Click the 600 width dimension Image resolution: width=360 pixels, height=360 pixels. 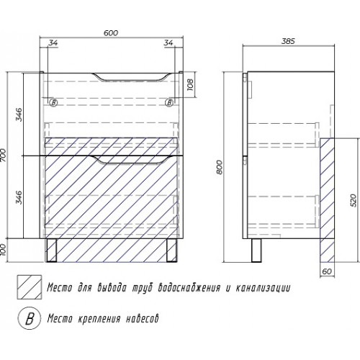pos(111,33)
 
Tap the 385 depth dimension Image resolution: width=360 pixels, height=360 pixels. pos(288,41)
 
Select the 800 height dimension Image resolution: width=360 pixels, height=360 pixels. pos(220,167)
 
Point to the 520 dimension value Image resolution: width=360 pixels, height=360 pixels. pos(354,200)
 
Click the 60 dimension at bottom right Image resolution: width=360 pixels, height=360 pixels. pos(327,271)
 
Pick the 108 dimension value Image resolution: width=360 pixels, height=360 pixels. pos(190,85)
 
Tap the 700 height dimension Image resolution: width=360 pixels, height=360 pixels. pos(4,156)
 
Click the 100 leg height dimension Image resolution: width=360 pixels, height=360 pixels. pos(3,250)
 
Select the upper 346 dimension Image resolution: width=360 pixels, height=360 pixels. pos(19,114)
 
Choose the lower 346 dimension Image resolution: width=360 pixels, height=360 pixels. pos(19,197)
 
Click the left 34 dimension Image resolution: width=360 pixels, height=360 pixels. pos(53,42)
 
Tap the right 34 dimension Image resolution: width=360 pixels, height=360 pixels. pos(168,42)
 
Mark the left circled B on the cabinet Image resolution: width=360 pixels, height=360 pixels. pos(53,103)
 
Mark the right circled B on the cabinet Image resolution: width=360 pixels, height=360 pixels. pos(169,103)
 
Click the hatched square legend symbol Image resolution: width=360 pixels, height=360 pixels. pos(30,287)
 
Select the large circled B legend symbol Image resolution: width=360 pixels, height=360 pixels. pos(30,318)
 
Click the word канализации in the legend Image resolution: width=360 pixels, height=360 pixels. pos(263,287)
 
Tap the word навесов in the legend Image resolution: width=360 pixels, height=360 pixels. pos(143,319)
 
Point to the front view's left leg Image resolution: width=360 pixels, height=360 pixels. pos(51,250)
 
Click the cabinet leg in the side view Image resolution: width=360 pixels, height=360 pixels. pos(256,251)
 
